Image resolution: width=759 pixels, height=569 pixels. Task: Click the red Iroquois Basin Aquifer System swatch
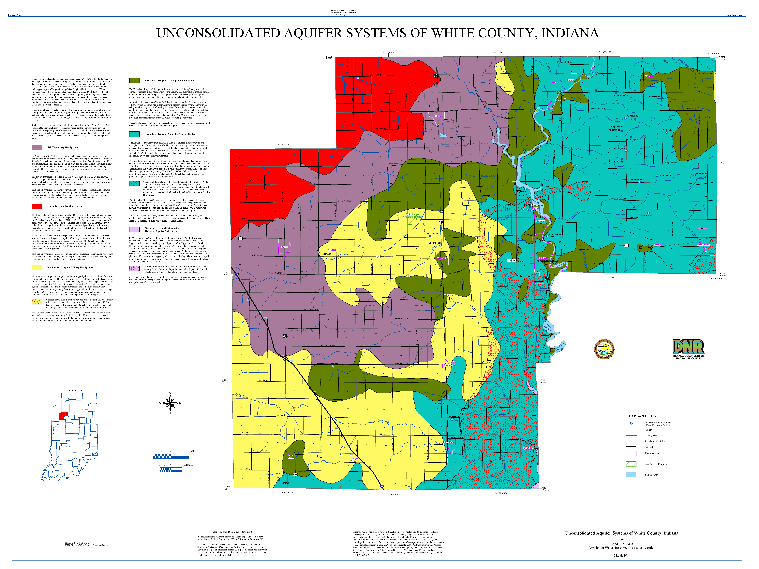[x=37, y=206]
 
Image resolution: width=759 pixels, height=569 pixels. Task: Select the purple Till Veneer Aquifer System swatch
[x=37, y=147]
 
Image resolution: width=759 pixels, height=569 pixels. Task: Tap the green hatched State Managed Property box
[x=631, y=464]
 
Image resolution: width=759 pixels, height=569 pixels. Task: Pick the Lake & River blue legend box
[x=631, y=475]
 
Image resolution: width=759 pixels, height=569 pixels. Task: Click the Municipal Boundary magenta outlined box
[x=631, y=453]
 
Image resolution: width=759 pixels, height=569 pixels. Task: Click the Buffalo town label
[x=570, y=80]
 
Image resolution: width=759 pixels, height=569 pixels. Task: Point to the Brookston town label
[x=450, y=442]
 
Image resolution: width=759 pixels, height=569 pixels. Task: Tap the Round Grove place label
[x=291, y=456]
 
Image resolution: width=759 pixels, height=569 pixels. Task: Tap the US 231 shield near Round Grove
[x=295, y=474]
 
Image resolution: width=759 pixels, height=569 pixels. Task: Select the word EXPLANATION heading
[x=642, y=416]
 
